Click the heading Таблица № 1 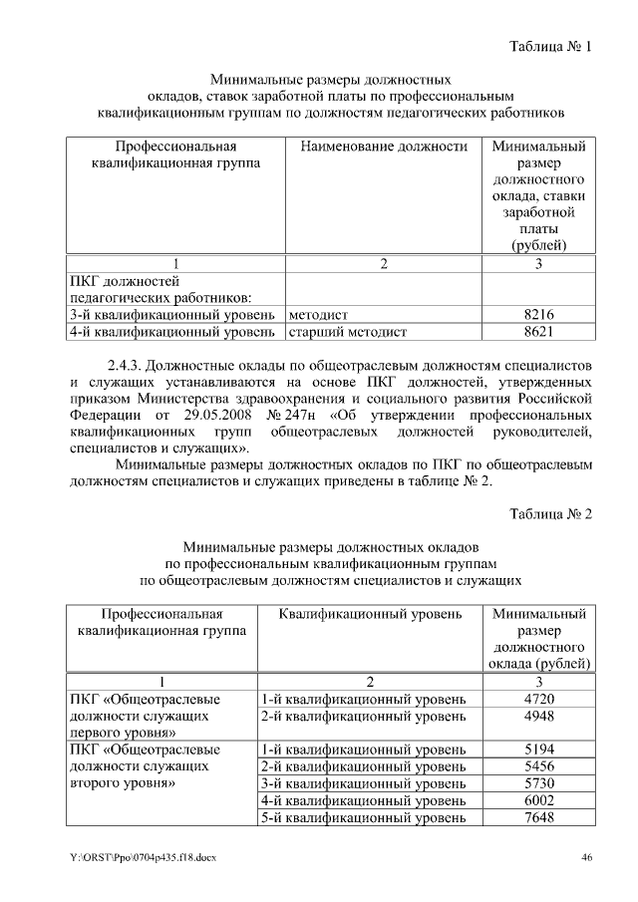pyautogui.click(x=550, y=47)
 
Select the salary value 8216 pyautogui.click(x=538, y=315)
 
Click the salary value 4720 pyautogui.click(x=538, y=699)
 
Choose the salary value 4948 pyautogui.click(x=538, y=716)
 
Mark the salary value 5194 pyautogui.click(x=538, y=750)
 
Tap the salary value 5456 pyautogui.click(x=538, y=766)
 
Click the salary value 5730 pyautogui.click(x=538, y=783)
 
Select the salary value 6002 pyautogui.click(x=538, y=800)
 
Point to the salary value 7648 pyautogui.click(x=538, y=818)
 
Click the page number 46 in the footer pyautogui.click(x=587, y=858)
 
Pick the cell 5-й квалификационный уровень pyautogui.click(x=363, y=818)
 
